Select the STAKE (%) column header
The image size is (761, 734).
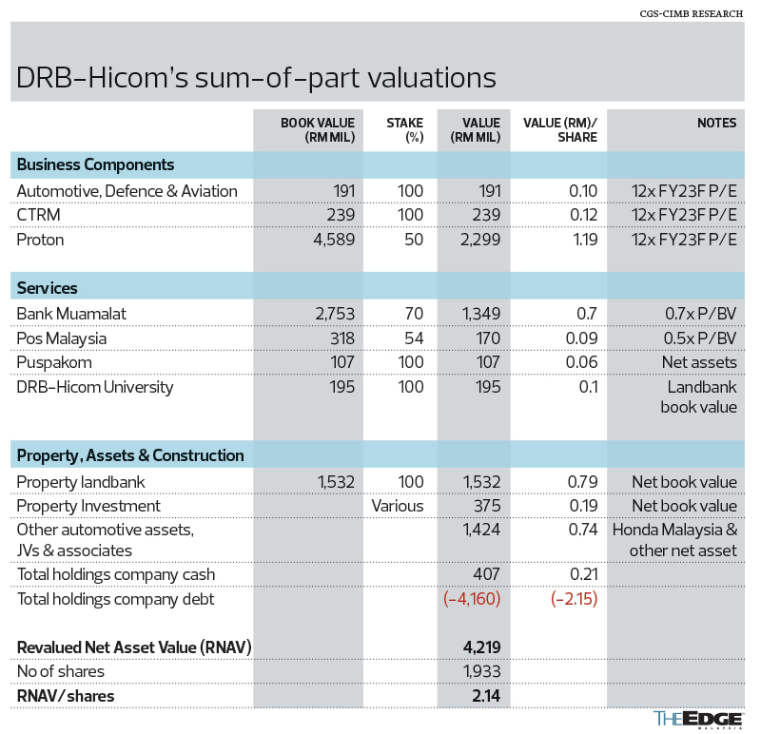(404, 129)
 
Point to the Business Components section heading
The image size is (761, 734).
(96, 164)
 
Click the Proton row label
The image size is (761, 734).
(41, 240)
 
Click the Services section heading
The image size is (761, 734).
(48, 287)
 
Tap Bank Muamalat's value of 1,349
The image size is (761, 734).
(478, 313)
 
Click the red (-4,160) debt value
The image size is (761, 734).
(472, 599)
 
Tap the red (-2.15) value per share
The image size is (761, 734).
(571, 599)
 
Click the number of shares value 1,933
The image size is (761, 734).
(480, 672)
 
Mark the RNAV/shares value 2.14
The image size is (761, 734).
(485, 696)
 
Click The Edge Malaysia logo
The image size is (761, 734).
(697, 720)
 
